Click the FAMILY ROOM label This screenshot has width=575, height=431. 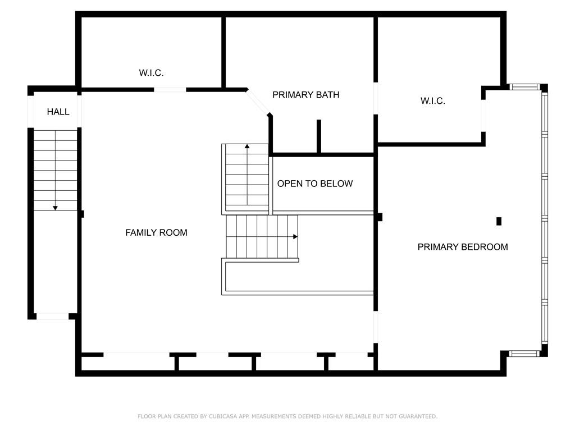click(156, 233)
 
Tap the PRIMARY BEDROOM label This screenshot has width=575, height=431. click(463, 247)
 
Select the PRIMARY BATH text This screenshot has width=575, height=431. click(306, 95)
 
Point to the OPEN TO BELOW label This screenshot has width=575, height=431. click(315, 184)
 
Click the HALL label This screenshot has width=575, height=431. click(58, 112)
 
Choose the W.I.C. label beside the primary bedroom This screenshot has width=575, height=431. click(433, 101)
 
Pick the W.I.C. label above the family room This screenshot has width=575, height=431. click(151, 73)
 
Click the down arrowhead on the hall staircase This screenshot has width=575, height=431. click(56, 208)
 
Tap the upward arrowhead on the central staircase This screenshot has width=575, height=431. click(247, 146)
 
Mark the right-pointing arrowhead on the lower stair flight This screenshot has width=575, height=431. click(295, 237)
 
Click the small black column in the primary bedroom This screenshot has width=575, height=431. click(499, 221)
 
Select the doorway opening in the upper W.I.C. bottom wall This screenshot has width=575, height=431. click(170, 90)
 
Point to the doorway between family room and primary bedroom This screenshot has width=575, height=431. click(376, 327)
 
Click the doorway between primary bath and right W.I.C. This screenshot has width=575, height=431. click(376, 98)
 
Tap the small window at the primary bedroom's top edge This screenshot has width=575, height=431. click(525, 87)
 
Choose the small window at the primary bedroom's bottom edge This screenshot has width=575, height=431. click(525, 354)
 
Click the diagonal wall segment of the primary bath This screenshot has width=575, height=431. click(258, 102)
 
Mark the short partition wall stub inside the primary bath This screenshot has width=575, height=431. click(319, 136)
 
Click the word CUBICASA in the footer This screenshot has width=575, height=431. click(223, 416)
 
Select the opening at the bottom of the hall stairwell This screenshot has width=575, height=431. click(52, 317)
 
